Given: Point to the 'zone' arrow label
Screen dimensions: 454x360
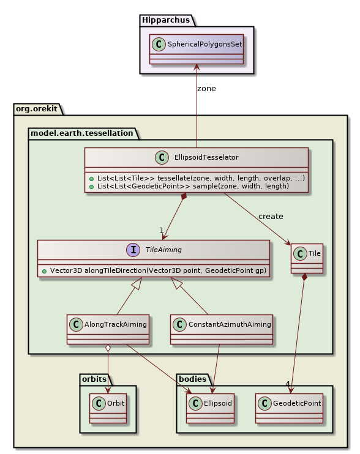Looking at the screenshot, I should click(x=206, y=89).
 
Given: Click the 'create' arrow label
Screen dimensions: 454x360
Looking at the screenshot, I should click(x=271, y=217).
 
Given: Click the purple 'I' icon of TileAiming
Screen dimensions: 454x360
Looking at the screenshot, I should click(x=133, y=250).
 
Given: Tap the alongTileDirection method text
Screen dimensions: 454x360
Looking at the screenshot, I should click(x=157, y=270).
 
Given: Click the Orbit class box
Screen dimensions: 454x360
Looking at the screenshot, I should click(x=108, y=407).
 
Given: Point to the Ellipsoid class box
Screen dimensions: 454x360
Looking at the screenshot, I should click(x=211, y=407).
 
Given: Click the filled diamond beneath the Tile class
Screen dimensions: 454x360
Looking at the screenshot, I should click(x=304, y=277).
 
